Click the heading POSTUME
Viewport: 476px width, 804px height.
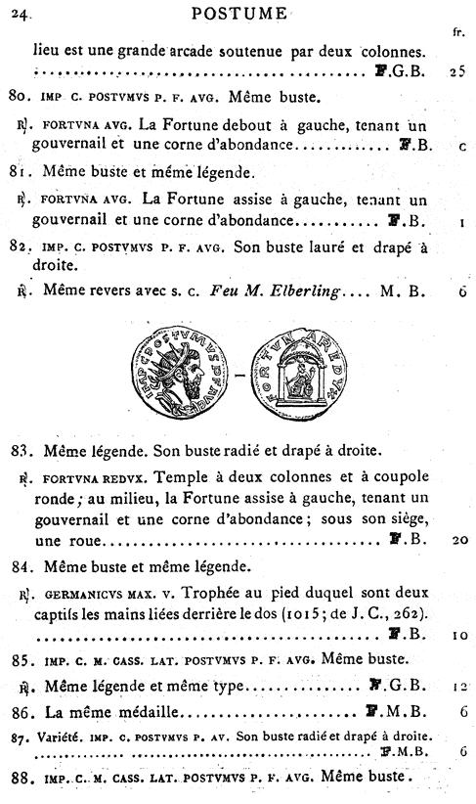click(x=239, y=14)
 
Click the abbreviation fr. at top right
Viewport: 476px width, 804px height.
click(x=458, y=31)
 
